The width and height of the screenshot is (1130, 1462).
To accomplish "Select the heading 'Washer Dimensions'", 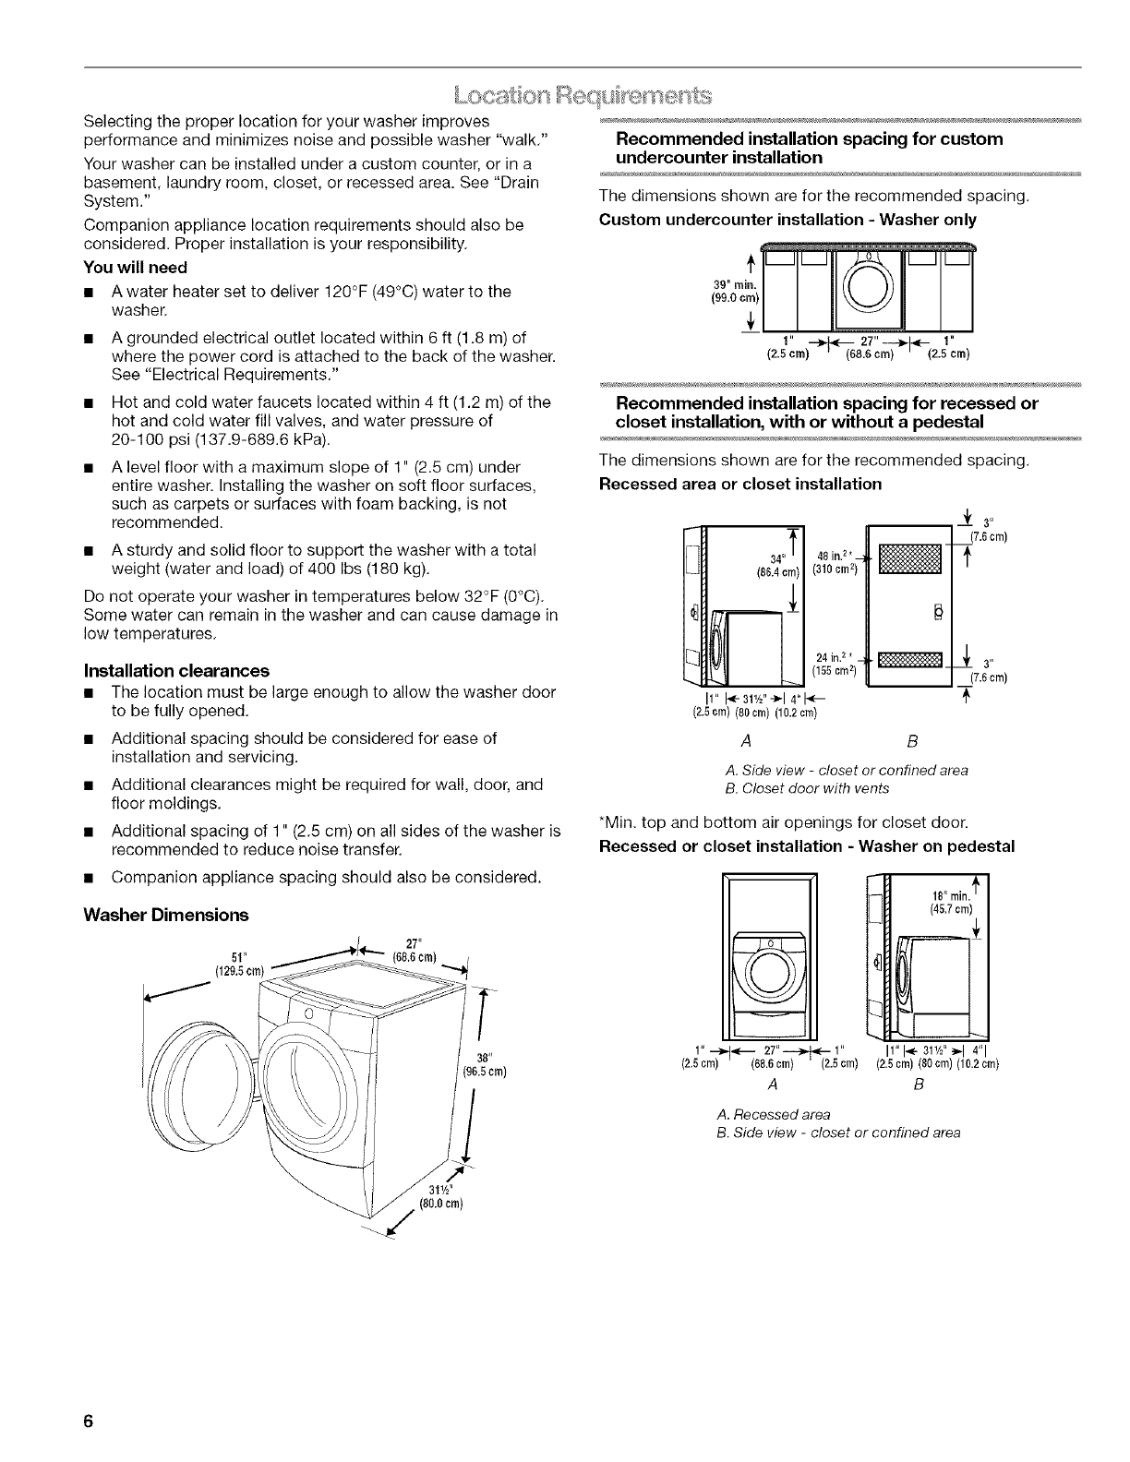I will [165, 915].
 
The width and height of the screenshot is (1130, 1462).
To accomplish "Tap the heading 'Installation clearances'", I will [176, 670].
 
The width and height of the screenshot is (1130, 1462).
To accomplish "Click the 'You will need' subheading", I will [135, 267].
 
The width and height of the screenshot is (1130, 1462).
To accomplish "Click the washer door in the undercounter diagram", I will [868, 286].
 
